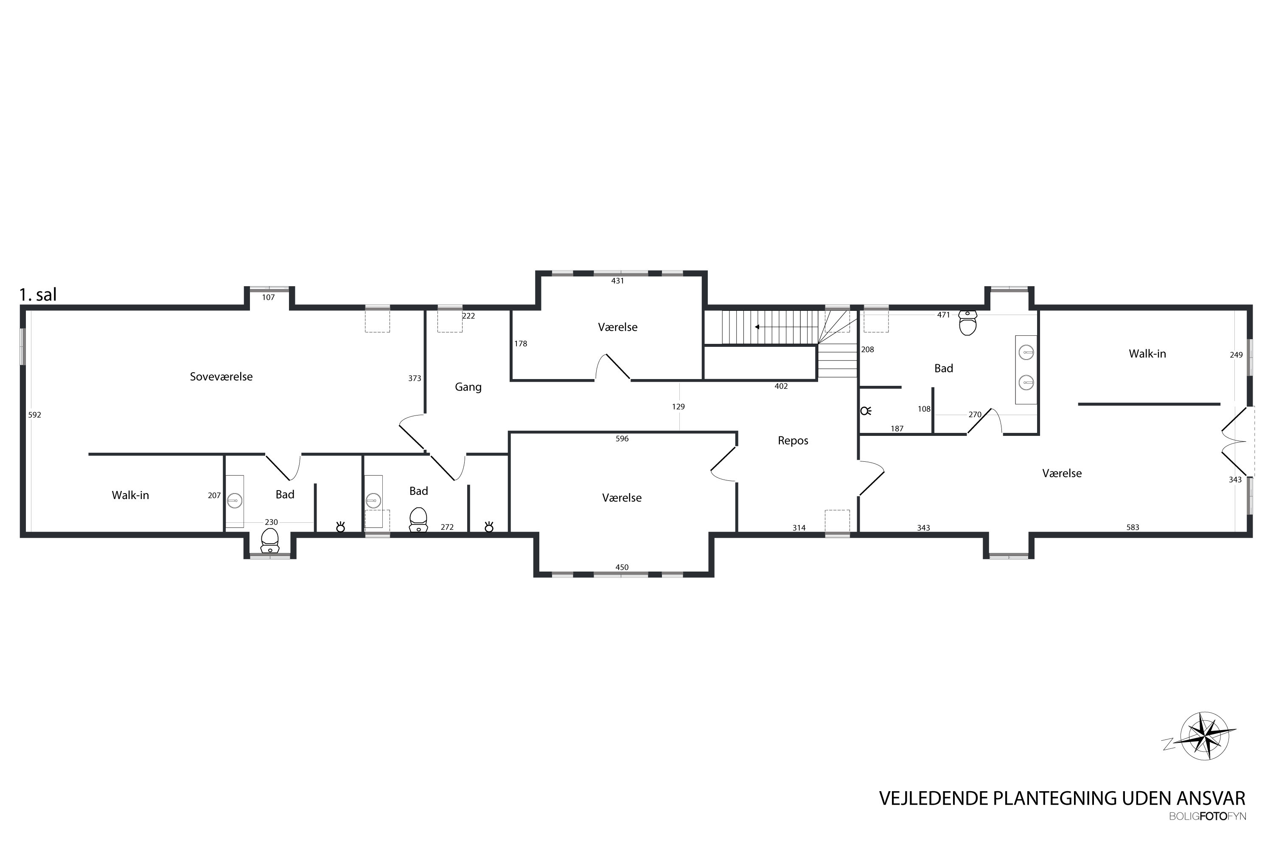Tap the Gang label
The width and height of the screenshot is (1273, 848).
[x=468, y=387]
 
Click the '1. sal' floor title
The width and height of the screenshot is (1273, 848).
[x=38, y=295]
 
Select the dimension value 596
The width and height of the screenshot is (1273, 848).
[x=622, y=438]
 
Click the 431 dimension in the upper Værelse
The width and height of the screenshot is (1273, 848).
[x=617, y=281]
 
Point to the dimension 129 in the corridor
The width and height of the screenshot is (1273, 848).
[x=678, y=407]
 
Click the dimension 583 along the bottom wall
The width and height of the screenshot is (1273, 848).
[x=1133, y=527]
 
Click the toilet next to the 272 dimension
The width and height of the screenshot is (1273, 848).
[x=418, y=520]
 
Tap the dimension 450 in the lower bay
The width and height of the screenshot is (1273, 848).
[x=622, y=567]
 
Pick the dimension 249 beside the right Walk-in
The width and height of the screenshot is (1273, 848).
[x=1236, y=355]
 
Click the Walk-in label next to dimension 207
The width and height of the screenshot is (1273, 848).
[x=130, y=495]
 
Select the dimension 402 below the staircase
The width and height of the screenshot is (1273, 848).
[x=781, y=386]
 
